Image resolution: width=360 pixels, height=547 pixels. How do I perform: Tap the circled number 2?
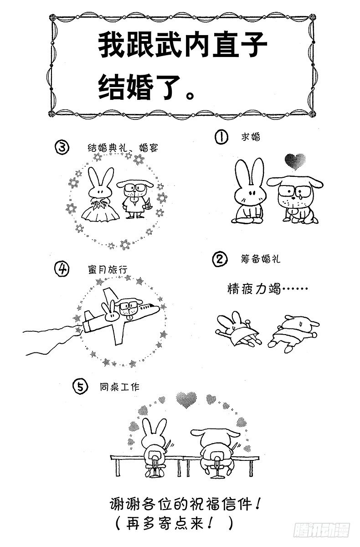pyautogui.click(x=220, y=259)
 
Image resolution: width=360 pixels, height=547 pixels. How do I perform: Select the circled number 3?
pyautogui.click(x=62, y=147)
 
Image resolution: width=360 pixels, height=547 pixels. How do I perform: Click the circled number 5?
pyautogui.click(x=79, y=387)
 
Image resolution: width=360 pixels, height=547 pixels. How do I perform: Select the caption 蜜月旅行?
pyautogui.click(x=107, y=269)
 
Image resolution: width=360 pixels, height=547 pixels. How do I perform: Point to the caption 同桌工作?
pyautogui.click(x=119, y=387)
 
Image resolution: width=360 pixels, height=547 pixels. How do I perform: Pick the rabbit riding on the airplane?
pyautogui.click(x=109, y=313)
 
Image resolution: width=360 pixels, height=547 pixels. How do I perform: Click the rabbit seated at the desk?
pyautogui.click(x=153, y=444)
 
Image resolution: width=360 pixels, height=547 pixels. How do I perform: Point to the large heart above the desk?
pyautogui.click(x=186, y=399)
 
